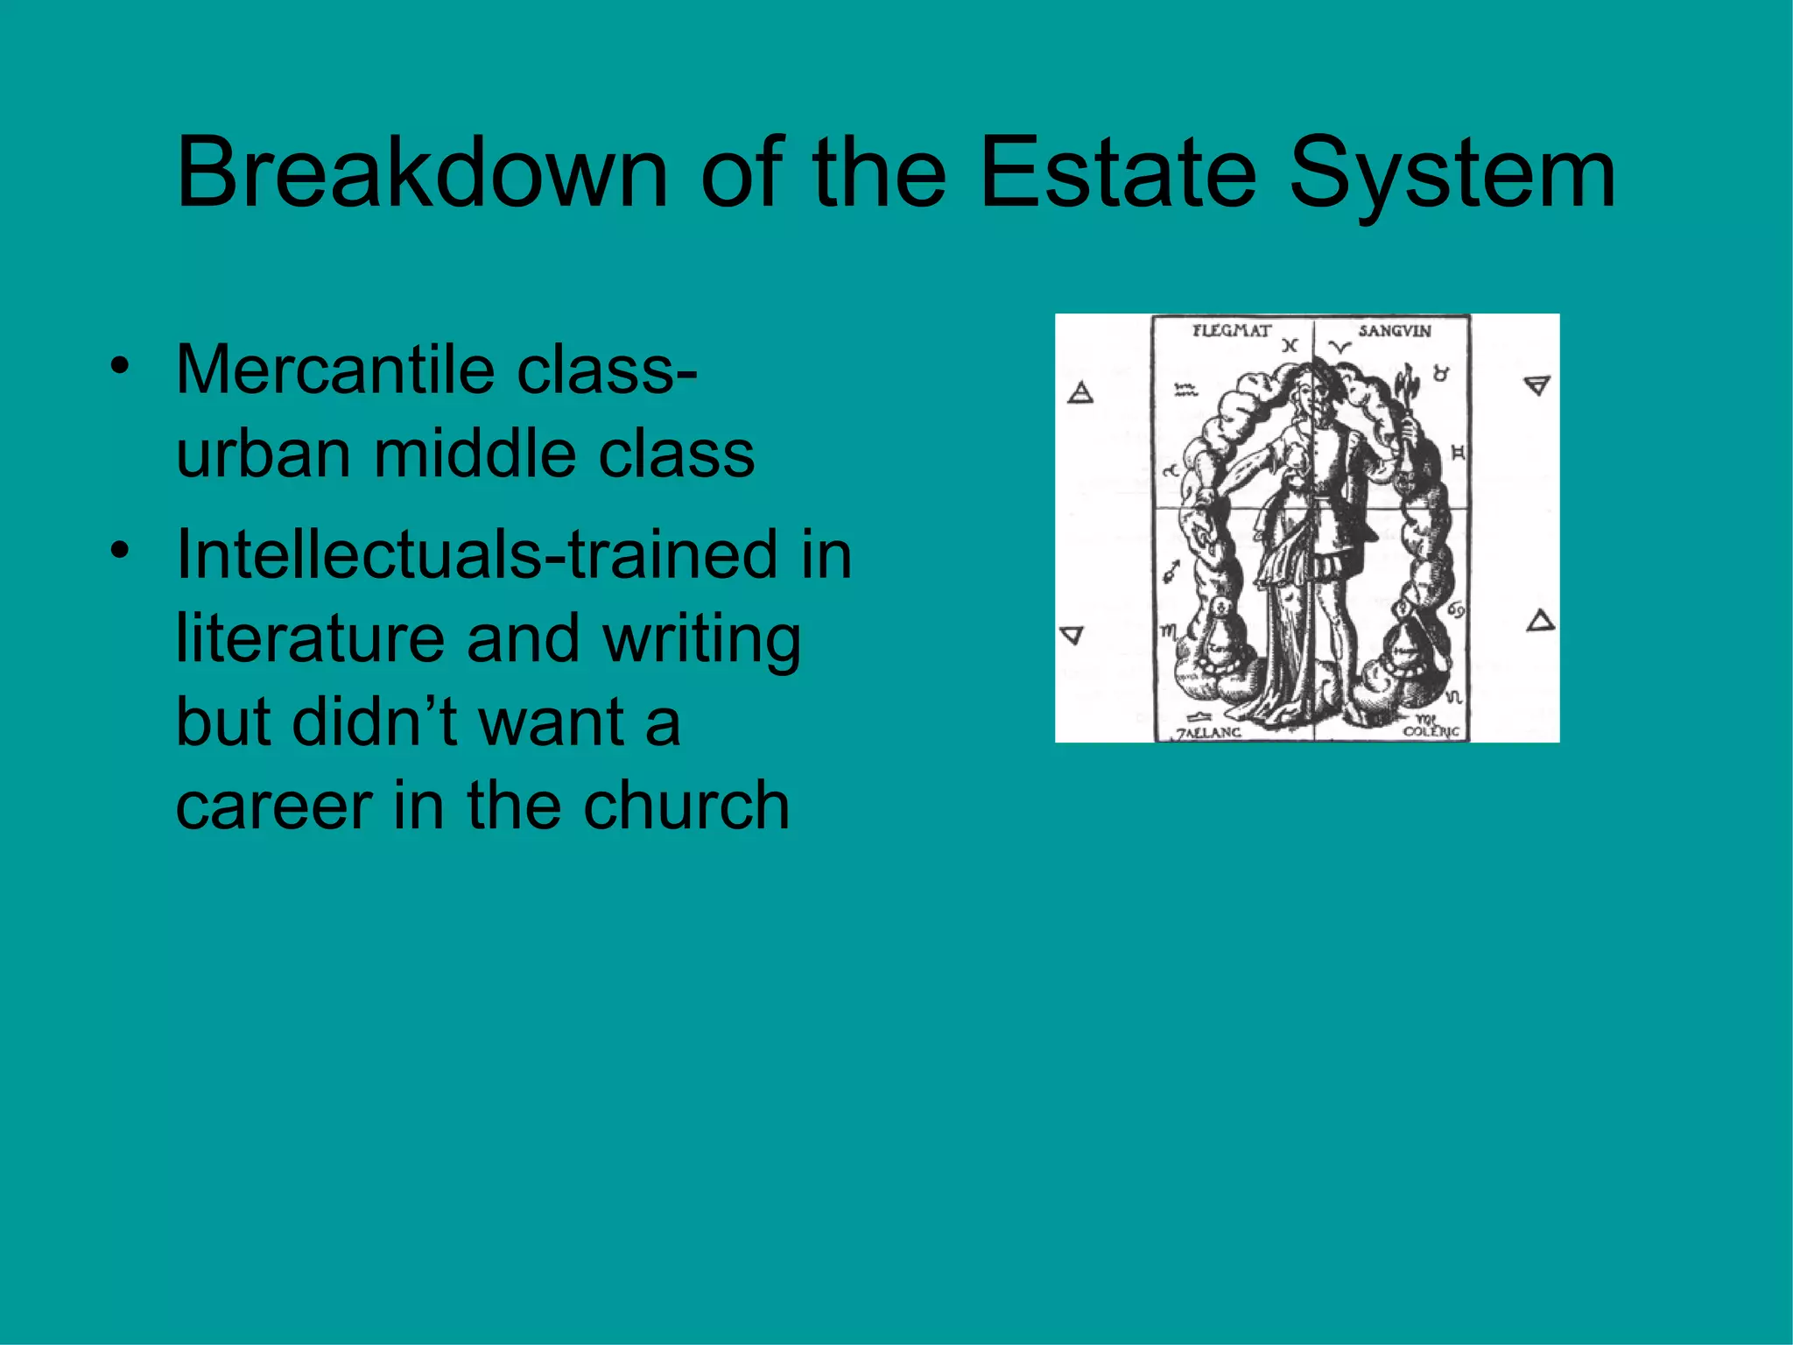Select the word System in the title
pyautogui.click(x=1452, y=174)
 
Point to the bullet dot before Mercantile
pyautogui.click(x=120, y=365)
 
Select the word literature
pyautogui.click(x=311, y=637)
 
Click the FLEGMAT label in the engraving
pyautogui.click(x=1231, y=331)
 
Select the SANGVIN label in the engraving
pyautogui.click(x=1395, y=331)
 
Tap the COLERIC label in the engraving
pyautogui.click(x=1431, y=730)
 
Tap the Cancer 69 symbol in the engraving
pyautogui.click(x=1456, y=609)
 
